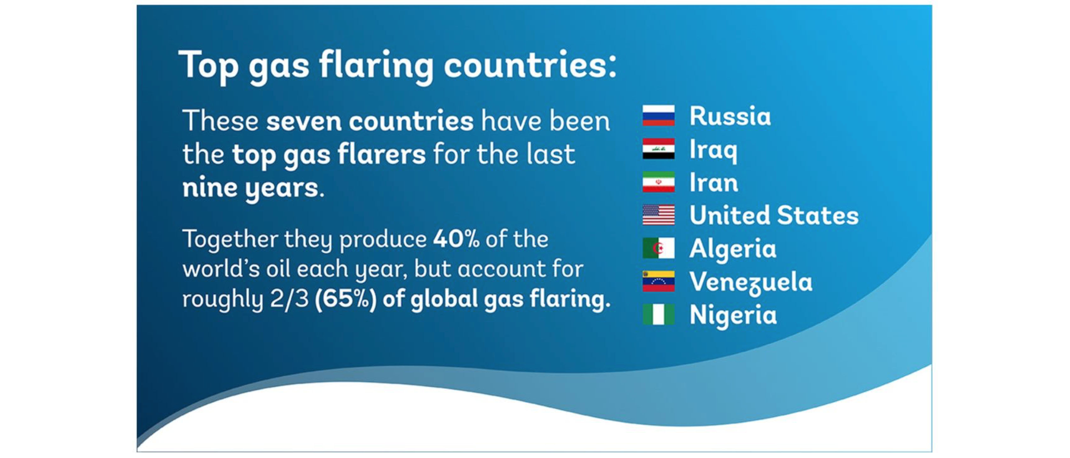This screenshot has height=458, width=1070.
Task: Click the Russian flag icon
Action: point(658,115)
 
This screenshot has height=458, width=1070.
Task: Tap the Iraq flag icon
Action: point(658,148)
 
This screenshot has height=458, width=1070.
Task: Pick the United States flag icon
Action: point(658,215)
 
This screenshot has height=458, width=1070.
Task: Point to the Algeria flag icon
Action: point(658,248)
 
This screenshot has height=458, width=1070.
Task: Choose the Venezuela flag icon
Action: point(658,281)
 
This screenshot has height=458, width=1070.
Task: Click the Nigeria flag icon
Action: point(658,314)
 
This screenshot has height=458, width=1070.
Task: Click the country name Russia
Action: point(730,116)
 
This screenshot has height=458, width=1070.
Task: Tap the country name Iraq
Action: point(713,150)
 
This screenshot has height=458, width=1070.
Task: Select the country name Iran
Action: point(714,182)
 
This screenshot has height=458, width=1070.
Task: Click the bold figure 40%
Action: point(456,239)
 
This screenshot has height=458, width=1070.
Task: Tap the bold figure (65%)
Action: point(346,299)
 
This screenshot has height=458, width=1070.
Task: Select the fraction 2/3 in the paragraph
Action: point(289,299)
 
